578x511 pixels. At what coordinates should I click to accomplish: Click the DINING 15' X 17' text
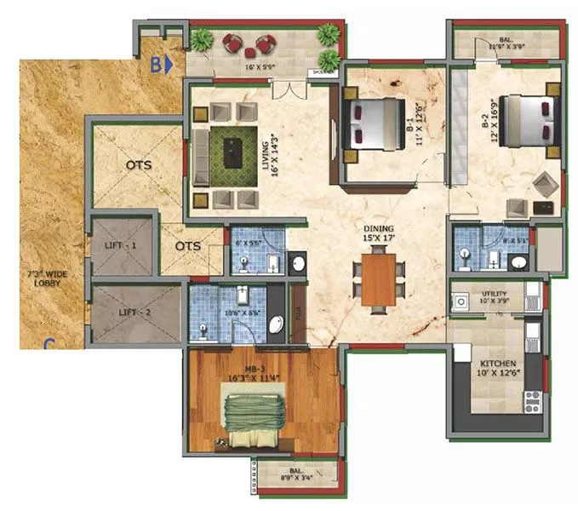pos(378,234)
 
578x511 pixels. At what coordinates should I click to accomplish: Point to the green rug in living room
pos(234,152)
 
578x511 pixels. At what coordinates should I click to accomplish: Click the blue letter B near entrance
pos(157,62)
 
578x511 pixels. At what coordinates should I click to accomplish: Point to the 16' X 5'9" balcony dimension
pos(261,66)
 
